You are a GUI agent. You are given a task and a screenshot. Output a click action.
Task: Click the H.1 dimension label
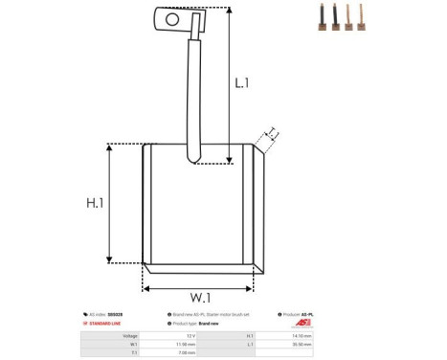pyautogui.click(x=95, y=203)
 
